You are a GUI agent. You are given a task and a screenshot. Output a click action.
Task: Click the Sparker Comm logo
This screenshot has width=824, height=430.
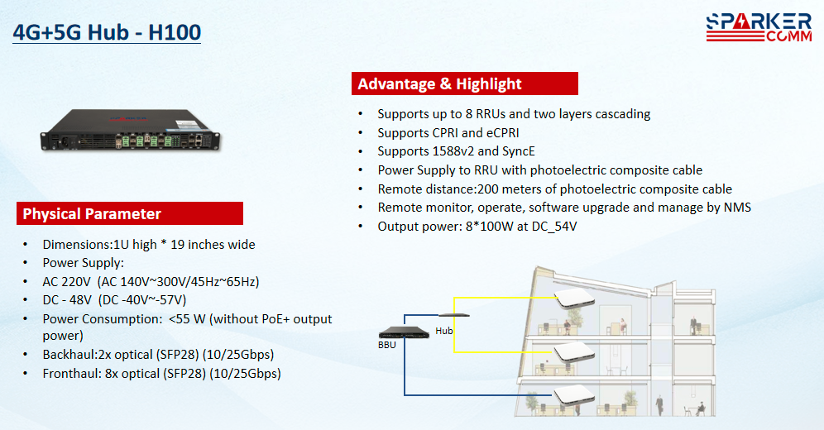[x=759, y=28]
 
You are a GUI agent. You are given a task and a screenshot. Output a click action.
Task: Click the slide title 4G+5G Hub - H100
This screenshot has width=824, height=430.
[x=107, y=32]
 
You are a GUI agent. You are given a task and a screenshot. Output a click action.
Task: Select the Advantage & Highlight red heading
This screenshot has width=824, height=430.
[x=465, y=84]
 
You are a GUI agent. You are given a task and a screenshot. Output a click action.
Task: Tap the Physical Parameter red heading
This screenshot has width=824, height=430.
[x=130, y=213]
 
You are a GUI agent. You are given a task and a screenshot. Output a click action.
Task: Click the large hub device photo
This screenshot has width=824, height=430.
[x=131, y=130]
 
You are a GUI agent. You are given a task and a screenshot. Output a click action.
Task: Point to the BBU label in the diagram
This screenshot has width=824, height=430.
[x=387, y=345]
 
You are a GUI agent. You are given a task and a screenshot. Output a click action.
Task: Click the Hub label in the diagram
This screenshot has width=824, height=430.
[x=444, y=331]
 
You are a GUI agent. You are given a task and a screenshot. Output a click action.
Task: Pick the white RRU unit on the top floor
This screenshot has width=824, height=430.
[x=575, y=298]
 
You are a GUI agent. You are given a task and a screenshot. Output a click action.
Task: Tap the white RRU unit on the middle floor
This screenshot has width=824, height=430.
[x=575, y=351]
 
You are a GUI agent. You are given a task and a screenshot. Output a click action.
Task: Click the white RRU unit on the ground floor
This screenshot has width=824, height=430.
[x=575, y=394]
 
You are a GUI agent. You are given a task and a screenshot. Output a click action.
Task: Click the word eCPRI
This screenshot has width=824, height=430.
[x=503, y=133]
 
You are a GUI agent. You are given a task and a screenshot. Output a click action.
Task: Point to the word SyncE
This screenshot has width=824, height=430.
[x=519, y=151]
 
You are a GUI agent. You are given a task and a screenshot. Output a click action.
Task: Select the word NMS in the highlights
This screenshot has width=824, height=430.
[x=737, y=208]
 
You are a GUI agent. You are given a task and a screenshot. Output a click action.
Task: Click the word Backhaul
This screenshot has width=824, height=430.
[x=69, y=355]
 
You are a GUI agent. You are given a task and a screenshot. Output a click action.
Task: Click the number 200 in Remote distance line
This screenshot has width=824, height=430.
[x=488, y=189]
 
